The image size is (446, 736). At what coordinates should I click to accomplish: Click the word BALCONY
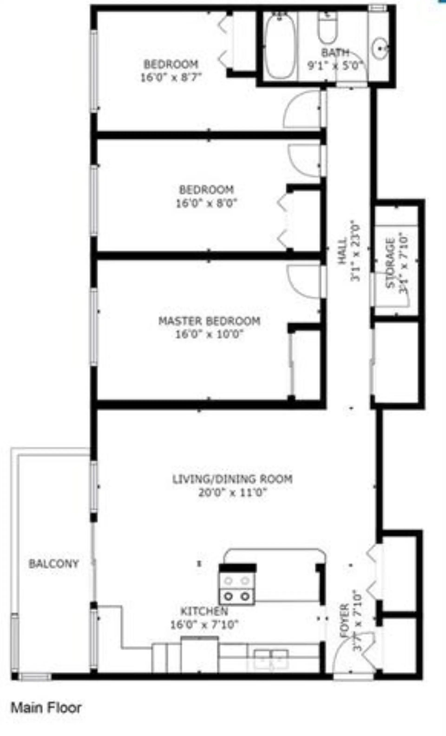pos(53,564)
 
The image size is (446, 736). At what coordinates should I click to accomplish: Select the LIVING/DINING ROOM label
pos(233,479)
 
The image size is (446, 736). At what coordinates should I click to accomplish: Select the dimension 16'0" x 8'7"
pos(171,77)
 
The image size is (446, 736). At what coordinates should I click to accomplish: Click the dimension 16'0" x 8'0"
pos(207,203)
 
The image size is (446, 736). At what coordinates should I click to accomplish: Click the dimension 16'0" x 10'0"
pos(209,334)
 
